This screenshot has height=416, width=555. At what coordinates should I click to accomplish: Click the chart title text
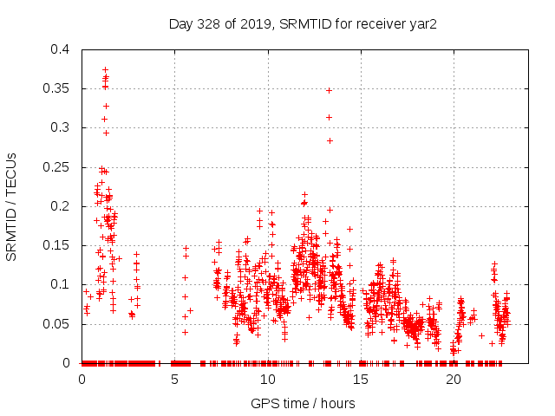302,23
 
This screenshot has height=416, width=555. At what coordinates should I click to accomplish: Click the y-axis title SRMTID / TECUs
15,206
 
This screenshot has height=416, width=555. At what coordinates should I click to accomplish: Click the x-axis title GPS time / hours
302,403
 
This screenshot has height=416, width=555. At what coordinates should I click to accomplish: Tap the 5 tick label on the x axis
174,379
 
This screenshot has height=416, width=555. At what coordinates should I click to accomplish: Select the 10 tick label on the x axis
267,379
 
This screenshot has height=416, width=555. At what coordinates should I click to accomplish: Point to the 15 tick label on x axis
360,379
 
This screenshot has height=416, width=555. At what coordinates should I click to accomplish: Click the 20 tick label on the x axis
453,379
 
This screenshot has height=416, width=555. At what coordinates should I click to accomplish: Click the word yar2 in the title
422,23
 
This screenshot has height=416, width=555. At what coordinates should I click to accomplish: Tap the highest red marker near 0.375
105,69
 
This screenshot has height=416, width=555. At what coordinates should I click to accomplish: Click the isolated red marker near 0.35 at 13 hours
329,90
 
